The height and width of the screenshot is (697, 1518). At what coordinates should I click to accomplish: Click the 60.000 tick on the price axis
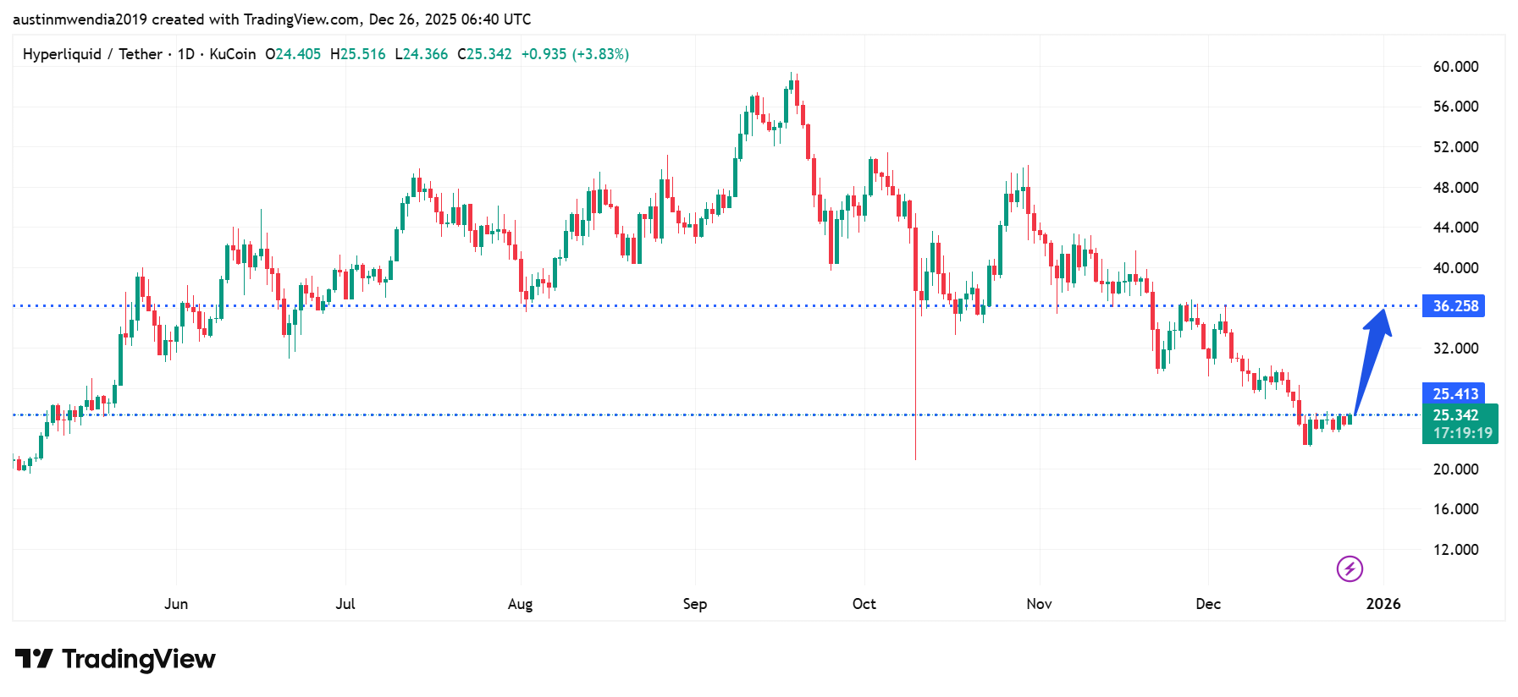coord(1455,67)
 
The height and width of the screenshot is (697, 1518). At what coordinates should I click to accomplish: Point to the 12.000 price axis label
coord(1455,550)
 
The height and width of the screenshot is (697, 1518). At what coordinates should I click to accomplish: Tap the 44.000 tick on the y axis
coord(1455,228)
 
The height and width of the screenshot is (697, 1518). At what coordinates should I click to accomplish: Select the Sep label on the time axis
coord(694,604)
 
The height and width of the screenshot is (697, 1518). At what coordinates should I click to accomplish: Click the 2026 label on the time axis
coord(1383,604)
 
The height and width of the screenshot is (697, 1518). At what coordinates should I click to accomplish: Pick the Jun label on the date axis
coord(176,604)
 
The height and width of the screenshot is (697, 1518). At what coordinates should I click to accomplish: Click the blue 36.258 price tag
coord(1455,306)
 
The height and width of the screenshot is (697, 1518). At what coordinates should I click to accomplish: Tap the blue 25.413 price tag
coord(1455,393)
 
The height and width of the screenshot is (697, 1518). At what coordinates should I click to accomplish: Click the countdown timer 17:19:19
coord(1462,433)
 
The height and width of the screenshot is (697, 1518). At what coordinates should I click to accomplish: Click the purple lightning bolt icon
coord(1350,568)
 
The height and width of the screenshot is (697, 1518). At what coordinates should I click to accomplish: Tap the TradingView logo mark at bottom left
coord(34,658)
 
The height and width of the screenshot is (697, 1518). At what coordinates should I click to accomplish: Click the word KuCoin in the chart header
coord(232,54)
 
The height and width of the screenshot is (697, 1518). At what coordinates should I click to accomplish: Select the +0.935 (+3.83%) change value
coord(575,54)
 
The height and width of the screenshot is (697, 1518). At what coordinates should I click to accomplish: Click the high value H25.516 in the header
coord(357,54)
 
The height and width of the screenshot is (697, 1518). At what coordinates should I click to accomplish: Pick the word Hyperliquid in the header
coord(62,54)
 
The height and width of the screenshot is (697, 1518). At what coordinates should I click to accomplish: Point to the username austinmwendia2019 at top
coord(80,19)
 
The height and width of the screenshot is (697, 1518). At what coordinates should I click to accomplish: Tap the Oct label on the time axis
coord(864,604)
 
